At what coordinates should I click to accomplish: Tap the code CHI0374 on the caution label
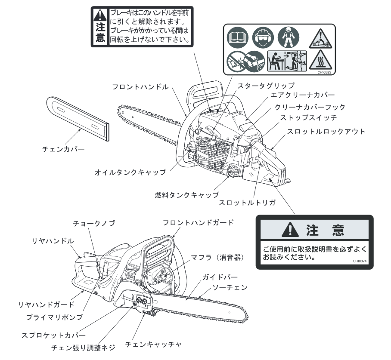357,261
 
